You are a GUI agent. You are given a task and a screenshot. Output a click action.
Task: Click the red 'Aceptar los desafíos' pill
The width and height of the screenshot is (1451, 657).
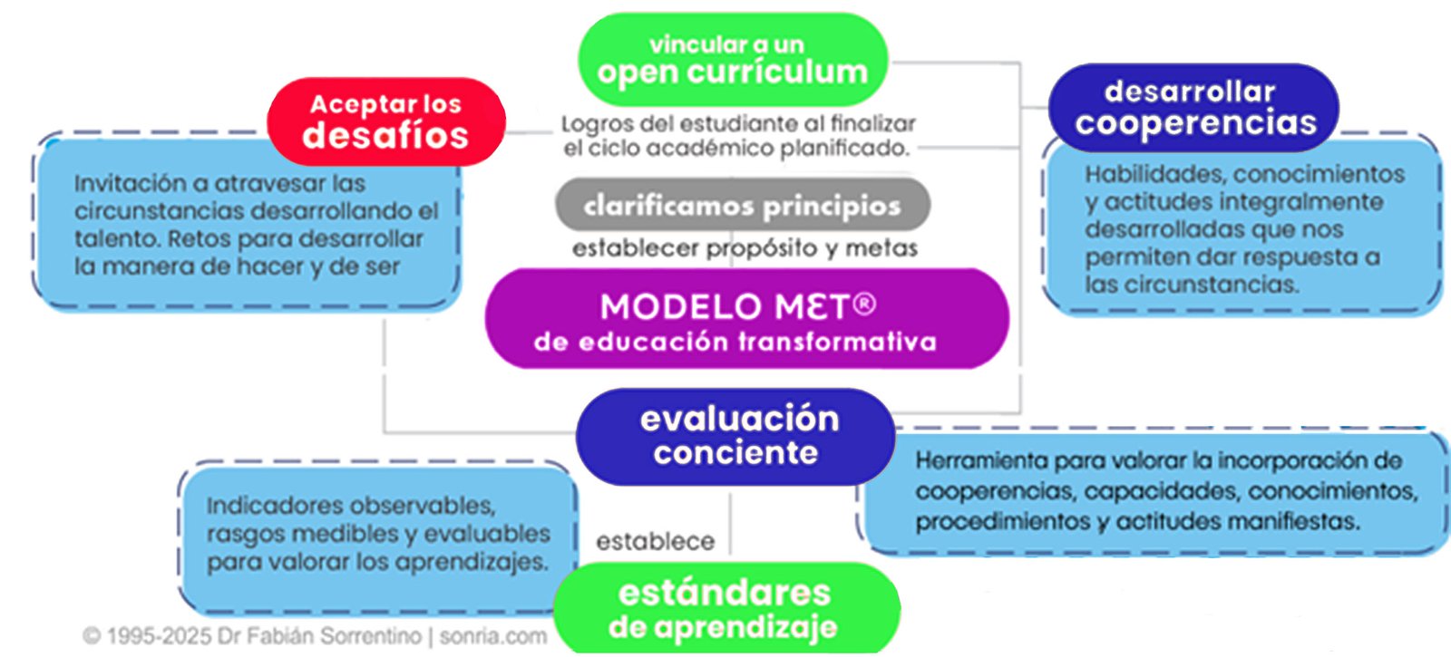[386, 121]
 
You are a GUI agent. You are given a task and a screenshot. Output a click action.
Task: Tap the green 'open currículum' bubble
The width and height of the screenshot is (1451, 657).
[733, 60]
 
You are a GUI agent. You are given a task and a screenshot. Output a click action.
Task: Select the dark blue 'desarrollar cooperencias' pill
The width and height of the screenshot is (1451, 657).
[1193, 108]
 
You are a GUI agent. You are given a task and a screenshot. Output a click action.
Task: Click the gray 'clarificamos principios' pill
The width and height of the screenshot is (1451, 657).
[743, 205]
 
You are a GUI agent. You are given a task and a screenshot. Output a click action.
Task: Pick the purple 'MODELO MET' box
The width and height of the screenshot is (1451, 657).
[747, 319]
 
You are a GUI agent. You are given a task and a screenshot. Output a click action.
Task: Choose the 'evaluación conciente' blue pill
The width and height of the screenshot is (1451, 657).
[735, 437]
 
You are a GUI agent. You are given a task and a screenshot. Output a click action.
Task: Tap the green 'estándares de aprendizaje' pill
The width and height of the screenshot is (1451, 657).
[726, 608]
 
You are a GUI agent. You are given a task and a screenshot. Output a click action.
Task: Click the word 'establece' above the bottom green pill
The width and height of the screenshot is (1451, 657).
[656, 541]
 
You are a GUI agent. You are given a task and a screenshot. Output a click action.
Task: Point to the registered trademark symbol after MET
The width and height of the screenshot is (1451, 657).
[864, 304]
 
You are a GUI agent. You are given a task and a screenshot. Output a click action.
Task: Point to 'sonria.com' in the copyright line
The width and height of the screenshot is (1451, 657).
[493, 636]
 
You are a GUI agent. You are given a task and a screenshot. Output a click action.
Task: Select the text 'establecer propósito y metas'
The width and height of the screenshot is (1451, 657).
[745, 248]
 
